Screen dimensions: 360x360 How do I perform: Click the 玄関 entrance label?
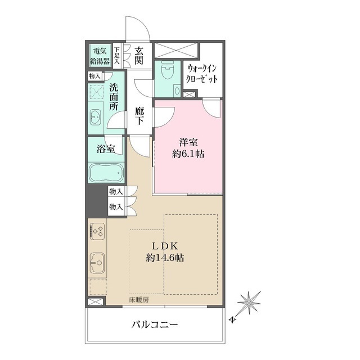pyautogui.click(x=139, y=55)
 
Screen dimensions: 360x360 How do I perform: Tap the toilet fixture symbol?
pyautogui.click(x=167, y=69)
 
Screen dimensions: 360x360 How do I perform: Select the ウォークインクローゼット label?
pyautogui.click(x=201, y=74)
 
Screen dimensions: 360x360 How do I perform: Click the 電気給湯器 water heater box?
pyautogui.click(x=100, y=56)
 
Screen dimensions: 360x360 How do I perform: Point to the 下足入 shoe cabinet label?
pyautogui.click(x=118, y=55)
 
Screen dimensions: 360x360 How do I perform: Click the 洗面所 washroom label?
pyautogui.click(x=114, y=97)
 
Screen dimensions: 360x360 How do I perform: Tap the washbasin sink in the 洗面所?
pyautogui.click(x=96, y=117)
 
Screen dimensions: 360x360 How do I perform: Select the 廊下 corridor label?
pyautogui.click(x=139, y=116)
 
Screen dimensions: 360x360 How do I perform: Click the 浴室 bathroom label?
pyautogui.click(x=106, y=149)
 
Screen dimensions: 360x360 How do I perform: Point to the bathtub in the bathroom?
pyautogui.click(x=106, y=172)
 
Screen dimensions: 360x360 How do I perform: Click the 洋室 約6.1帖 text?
pyautogui.click(x=188, y=148)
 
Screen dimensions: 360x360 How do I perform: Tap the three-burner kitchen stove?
pyautogui.click(x=97, y=231)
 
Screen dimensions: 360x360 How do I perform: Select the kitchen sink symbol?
pyautogui.click(x=97, y=263)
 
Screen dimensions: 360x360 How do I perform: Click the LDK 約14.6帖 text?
pyautogui.click(x=165, y=252)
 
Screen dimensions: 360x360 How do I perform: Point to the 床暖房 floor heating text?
pyautogui.click(x=138, y=299)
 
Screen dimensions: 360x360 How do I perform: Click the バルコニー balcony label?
pyautogui.click(x=155, y=325)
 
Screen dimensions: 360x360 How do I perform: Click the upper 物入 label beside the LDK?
pyautogui.click(x=116, y=191)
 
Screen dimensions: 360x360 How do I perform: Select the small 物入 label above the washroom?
pyautogui.click(x=94, y=76)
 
